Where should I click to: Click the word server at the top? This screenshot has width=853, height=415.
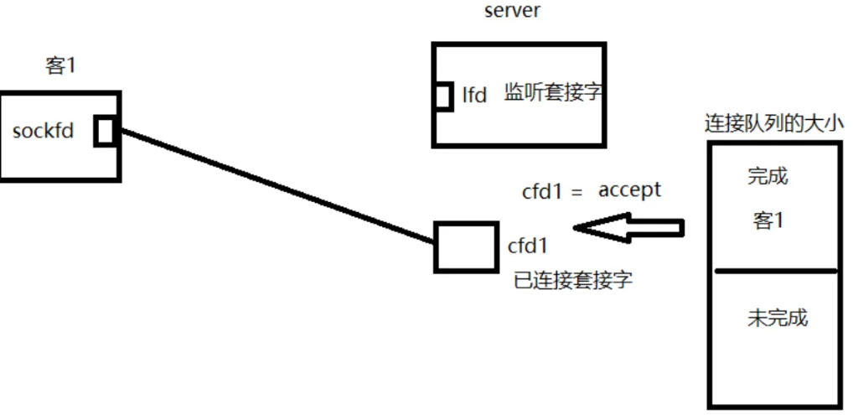click(x=513, y=11)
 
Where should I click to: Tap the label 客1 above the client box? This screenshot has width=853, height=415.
click(x=60, y=66)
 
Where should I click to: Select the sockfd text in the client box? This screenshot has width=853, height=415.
click(x=44, y=132)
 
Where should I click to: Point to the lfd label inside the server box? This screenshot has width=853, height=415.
click(x=474, y=95)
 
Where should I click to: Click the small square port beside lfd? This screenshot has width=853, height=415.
click(x=442, y=96)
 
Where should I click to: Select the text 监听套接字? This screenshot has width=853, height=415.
click(x=553, y=93)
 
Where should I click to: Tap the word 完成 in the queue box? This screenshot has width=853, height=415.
click(x=768, y=177)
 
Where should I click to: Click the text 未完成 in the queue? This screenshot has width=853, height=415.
click(x=777, y=318)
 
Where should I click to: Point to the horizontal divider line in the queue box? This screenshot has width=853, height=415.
click(x=775, y=271)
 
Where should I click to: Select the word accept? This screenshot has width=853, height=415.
click(x=629, y=190)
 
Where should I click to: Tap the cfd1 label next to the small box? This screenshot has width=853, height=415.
click(x=528, y=246)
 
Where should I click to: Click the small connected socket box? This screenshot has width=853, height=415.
click(x=465, y=246)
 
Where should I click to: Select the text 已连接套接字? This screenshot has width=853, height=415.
click(x=573, y=280)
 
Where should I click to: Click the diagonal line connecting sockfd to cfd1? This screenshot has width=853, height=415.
click(x=277, y=186)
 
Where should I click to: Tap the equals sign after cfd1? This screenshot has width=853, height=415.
click(x=576, y=193)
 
